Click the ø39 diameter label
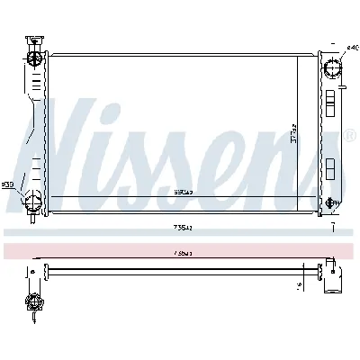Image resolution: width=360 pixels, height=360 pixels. pos(8,184)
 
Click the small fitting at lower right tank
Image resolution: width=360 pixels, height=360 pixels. pos(332,204)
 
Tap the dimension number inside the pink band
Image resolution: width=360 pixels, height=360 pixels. pos(184,254)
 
